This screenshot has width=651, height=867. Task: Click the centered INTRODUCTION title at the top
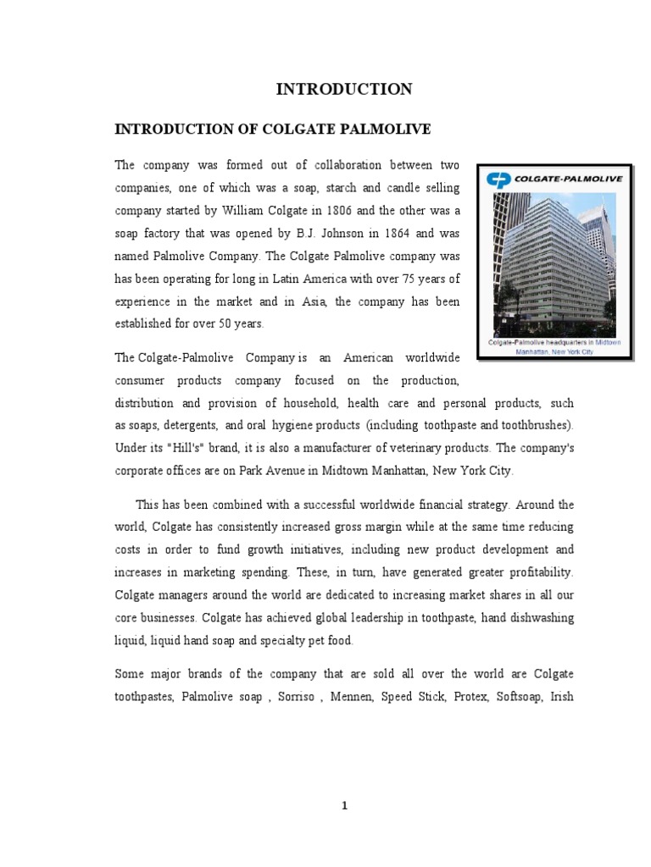pos(343,89)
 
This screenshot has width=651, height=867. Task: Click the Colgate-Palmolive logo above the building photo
pos(553,178)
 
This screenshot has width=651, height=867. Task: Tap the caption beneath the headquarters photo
pos(554,346)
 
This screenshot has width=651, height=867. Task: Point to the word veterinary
pos(399,447)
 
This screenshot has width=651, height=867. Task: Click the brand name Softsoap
pos(520,696)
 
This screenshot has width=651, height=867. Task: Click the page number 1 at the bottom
pos(345,805)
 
